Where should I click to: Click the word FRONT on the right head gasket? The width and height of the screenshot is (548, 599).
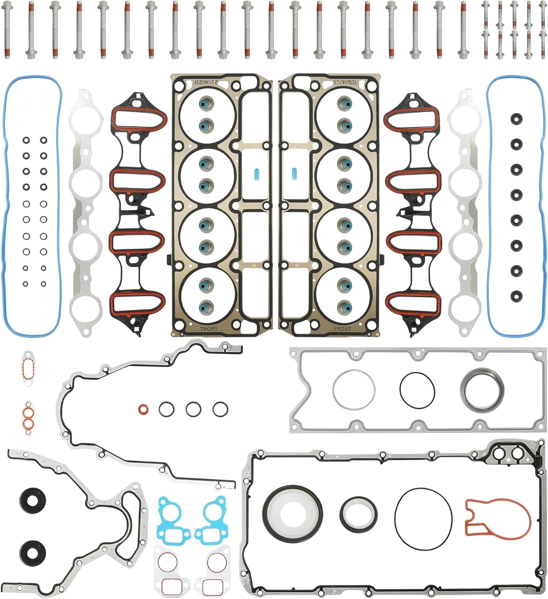point(342,329)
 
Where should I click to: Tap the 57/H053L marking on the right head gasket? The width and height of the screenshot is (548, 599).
point(345,82)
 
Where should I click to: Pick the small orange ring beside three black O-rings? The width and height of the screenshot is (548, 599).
point(144,409)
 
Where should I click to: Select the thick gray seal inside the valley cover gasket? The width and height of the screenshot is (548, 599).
point(482,389)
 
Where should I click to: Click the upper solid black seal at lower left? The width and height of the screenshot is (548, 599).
point(32,501)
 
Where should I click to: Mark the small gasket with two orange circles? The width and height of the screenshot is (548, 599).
point(27,419)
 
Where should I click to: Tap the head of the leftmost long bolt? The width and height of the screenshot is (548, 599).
point(6,6)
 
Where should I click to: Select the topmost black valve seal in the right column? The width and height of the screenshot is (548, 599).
point(516,119)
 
